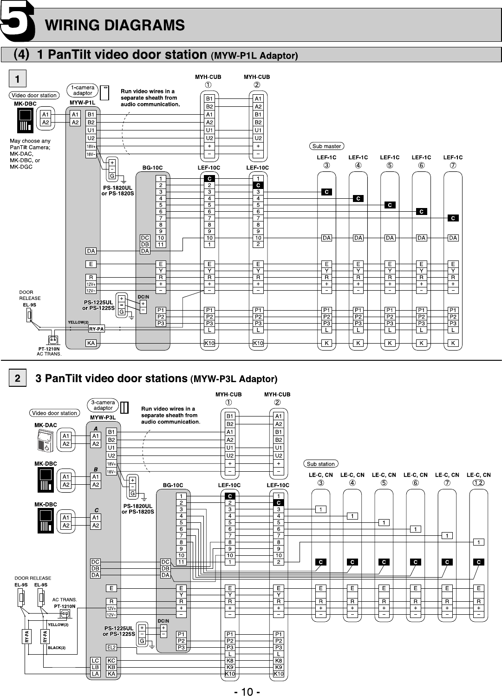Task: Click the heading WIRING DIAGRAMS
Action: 115,25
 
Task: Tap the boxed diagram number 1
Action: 18,79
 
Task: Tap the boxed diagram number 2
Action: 18,378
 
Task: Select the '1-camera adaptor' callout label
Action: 83,90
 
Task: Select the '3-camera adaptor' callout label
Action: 103,405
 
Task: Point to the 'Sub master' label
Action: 326,146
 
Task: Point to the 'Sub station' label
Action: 320,464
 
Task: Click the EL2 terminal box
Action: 111,647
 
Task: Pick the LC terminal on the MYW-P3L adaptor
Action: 95,660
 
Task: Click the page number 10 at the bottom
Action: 247,692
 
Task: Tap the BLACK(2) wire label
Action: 57,647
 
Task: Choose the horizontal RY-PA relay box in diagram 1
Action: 97,329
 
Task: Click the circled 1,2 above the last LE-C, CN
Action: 478,483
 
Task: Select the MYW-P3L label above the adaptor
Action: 103,417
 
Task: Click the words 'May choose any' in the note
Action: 30,141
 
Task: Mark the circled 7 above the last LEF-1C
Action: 453,165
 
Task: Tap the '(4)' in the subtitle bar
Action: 21,55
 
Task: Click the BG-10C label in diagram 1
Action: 152,168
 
